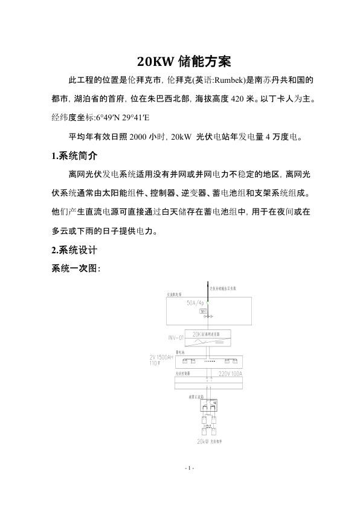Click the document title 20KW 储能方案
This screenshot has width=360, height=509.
pos(180,61)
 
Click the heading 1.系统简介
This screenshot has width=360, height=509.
pos(75,156)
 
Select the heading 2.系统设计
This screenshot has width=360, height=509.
pos(75,250)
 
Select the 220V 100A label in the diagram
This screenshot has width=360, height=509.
pos(230,374)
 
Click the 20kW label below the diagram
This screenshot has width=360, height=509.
pos(202,443)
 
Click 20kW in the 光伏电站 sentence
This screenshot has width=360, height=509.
pos(182,137)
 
